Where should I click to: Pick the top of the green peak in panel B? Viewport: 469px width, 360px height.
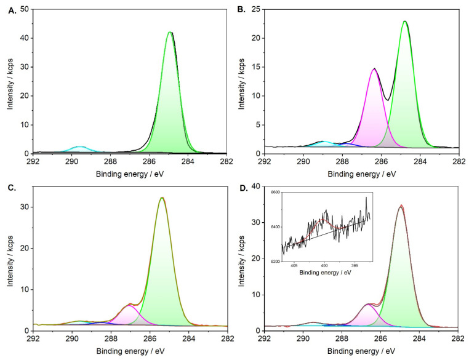[404, 22]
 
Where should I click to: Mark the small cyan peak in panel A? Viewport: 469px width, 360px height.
[79, 147]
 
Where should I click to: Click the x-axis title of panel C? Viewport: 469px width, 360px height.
[129, 351]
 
